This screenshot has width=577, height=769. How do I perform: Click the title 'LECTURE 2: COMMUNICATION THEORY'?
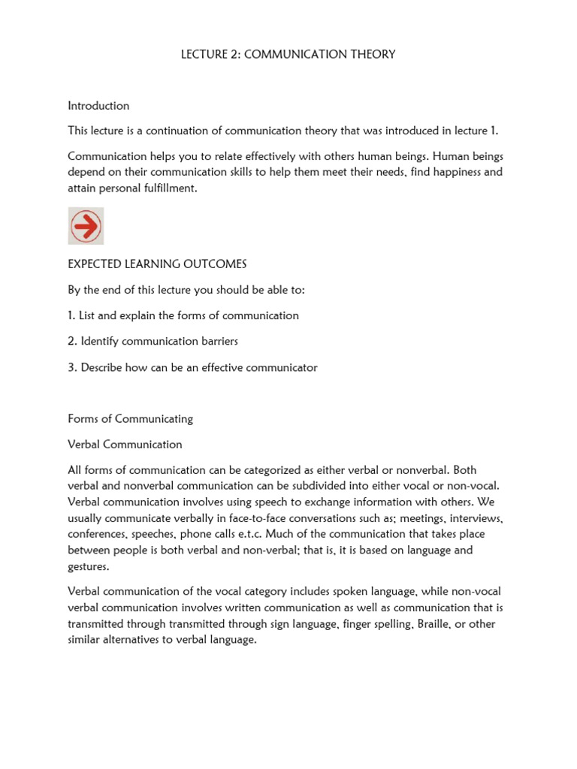point(288,54)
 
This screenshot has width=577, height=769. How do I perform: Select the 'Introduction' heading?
point(98,106)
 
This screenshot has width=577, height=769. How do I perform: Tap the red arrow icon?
point(86,226)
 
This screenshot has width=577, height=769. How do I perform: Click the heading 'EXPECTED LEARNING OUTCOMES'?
point(157,264)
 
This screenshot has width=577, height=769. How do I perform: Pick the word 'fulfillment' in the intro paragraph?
point(168,188)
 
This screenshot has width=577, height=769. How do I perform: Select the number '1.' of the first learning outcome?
point(72,315)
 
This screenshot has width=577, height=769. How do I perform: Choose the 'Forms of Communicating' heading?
point(130,418)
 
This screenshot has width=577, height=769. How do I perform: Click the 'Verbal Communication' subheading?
point(125,444)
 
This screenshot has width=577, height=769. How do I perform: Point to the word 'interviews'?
point(476,519)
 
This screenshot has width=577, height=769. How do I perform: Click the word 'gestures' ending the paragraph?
point(87,566)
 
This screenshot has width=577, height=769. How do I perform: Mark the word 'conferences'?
point(98,534)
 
